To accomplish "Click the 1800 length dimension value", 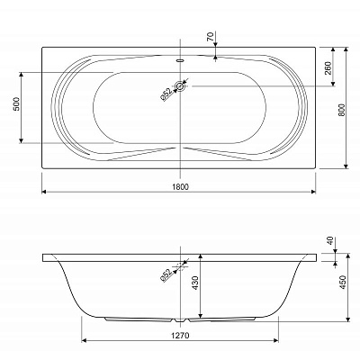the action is pos(181,187).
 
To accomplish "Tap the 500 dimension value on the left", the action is pos(16,103).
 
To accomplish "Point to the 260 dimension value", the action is pos(328,68).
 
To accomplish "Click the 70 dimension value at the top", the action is pos(211,37).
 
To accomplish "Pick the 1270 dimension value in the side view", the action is pos(180,336).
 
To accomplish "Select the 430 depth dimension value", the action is pos(194,283).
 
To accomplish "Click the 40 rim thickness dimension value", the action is pos(330,240).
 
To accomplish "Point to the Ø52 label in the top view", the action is pos(166,94).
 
